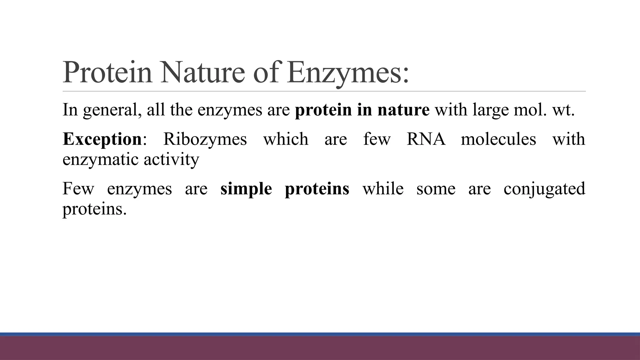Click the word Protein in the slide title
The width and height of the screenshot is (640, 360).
[x=107, y=72]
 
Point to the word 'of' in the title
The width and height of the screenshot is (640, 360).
[x=266, y=72]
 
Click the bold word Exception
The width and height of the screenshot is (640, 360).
[x=102, y=139]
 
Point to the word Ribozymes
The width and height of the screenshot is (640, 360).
[x=205, y=139]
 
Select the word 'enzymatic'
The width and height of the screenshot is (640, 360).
[x=100, y=160]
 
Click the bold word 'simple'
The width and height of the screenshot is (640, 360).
[x=246, y=189]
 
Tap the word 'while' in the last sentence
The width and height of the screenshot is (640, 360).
[x=383, y=188]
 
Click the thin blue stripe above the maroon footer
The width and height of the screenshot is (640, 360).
[x=320, y=334]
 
